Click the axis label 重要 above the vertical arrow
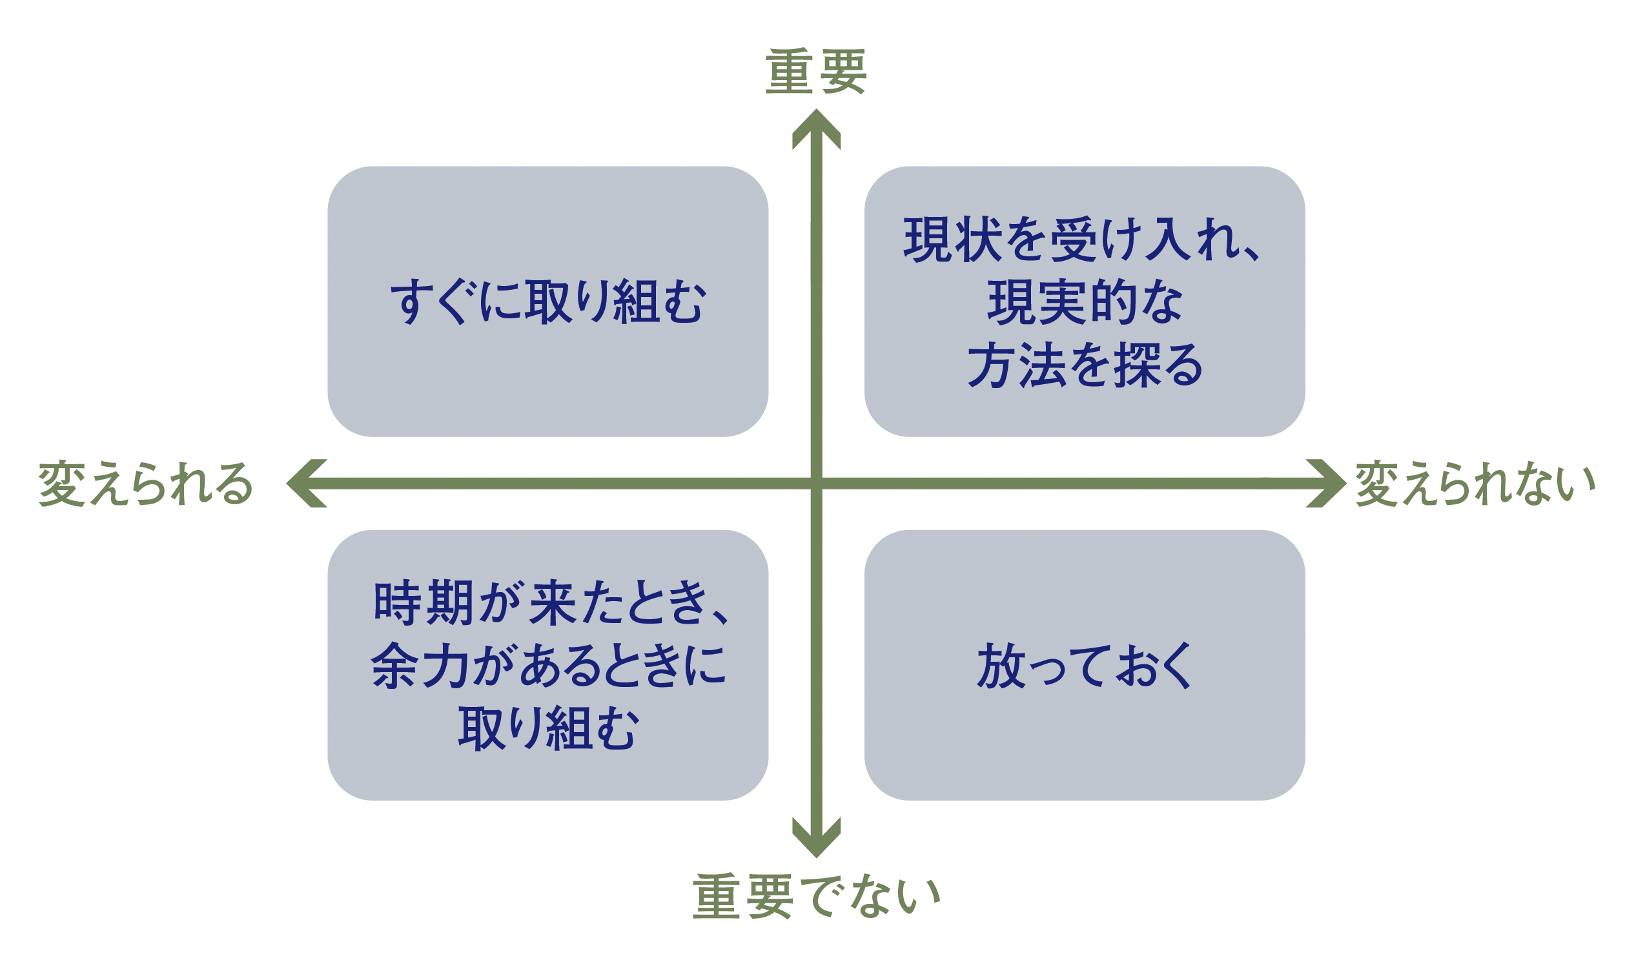coord(816,71)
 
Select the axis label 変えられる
coord(145,484)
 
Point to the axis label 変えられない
coord(1475,484)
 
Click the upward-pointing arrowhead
coord(816,129)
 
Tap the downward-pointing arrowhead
coord(816,837)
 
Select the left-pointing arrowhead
coord(307,483)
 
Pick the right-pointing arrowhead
coord(1326,483)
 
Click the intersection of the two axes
coord(816,483)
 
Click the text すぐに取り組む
coord(548,302)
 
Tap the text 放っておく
coord(1084,665)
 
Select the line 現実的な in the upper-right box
coord(1085,302)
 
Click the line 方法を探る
coord(1085,365)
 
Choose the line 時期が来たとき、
coord(551,602)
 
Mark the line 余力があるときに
coord(548,665)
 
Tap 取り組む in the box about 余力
coord(548,728)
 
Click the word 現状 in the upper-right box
coord(952,239)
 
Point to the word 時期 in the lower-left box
coord(422,602)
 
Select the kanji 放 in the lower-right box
coord(1001,665)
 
